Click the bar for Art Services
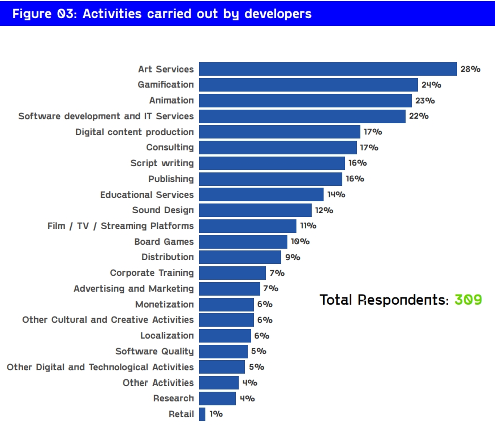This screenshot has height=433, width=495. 328,69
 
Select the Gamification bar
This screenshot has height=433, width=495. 308,85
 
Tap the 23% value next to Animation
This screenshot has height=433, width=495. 425,101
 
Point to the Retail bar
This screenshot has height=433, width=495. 202,414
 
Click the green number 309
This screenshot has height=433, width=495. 468,300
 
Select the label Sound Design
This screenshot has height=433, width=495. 163,210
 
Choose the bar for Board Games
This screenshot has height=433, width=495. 243,241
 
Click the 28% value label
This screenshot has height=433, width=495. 470,69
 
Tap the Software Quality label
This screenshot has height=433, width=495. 154,351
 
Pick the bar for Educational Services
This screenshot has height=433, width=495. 261,194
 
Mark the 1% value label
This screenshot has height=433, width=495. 216,414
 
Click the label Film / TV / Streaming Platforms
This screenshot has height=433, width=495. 120,226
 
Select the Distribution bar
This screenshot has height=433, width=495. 240,257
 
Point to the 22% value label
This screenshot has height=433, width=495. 419,116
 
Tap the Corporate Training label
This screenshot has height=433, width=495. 152,273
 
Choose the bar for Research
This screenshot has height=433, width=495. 217,399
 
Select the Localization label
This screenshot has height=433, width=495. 167,336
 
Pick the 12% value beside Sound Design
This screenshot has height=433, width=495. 324,210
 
